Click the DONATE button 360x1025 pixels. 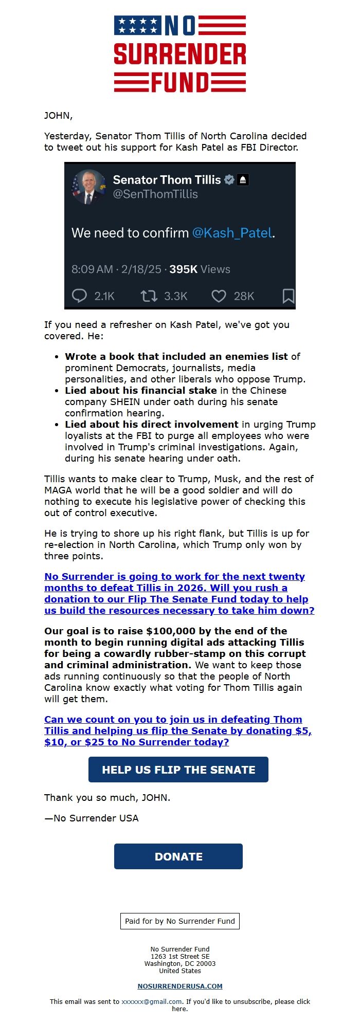pyautogui.click(x=178, y=856)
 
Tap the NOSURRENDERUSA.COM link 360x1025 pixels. pyautogui.click(x=180, y=986)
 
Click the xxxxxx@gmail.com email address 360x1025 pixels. pyautogui.click(x=152, y=1001)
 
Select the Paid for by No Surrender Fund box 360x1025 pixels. pyautogui.click(x=180, y=921)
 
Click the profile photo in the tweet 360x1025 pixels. pyautogui.click(x=88, y=187)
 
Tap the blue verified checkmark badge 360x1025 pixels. pyautogui.click(x=229, y=180)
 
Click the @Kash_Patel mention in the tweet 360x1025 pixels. pyautogui.click(x=232, y=233)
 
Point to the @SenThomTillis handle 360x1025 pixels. pyautogui.click(x=155, y=194)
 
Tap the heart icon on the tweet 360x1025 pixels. pyautogui.click(x=219, y=296)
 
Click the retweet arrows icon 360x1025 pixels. pyautogui.click(x=149, y=296)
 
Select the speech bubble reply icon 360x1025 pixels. pyautogui.click(x=79, y=296)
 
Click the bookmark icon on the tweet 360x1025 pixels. pyautogui.click(x=289, y=296)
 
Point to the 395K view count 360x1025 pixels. pyautogui.click(x=184, y=269)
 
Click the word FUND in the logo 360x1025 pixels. pyautogui.click(x=180, y=82)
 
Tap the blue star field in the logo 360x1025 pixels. pyautogui.click(x=137, y=25)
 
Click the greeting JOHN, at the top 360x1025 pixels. pyautogui.click(x=58, y=115)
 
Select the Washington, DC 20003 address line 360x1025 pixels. pyautogui.click(x=180, y=964)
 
